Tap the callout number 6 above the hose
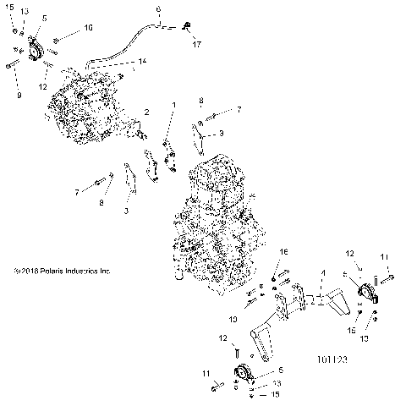158,9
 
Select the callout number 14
143,61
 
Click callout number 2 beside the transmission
146,112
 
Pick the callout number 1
173,104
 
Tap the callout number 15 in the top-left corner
10,7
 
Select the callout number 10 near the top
88,28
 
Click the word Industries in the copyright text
88,272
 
